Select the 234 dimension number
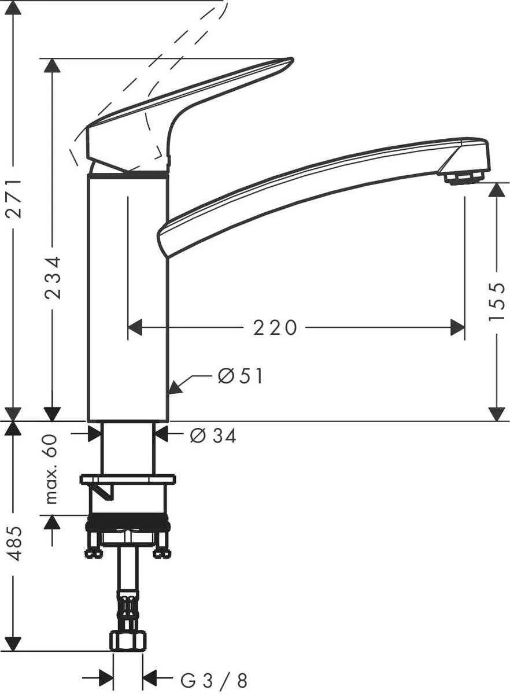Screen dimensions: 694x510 (x=53, y=278)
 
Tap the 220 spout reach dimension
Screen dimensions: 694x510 (x=275, y=328)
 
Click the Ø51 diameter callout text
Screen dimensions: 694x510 (x=241, y=376)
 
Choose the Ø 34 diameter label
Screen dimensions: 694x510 (x=213, y=436)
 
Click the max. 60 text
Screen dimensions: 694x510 (x=52, y=468)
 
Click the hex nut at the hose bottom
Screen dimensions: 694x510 (x=128, y=640)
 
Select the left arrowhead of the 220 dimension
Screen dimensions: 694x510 (x=134, y=328)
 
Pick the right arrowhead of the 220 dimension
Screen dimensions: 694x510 (x=458, y=328)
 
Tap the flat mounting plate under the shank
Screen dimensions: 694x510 (x=128, y=479)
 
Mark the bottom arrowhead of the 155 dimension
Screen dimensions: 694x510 (x=496, y=414)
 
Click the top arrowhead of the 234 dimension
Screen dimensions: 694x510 (x=53, y=65)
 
